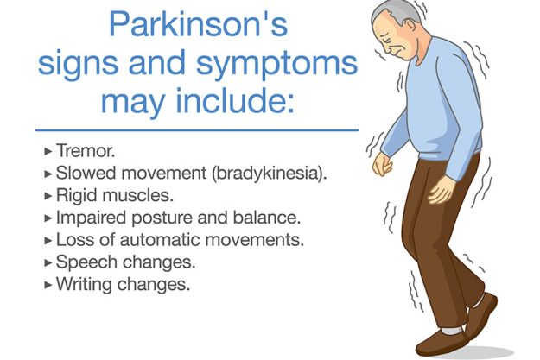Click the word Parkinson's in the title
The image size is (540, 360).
pos(197,25)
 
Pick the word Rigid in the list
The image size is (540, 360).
pos(74,194)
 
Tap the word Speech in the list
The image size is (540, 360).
pos(80,262)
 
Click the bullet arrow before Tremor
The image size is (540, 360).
pos(48,150)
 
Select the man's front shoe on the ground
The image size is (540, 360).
pos(449,344)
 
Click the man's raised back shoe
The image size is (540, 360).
pos(481,315)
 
